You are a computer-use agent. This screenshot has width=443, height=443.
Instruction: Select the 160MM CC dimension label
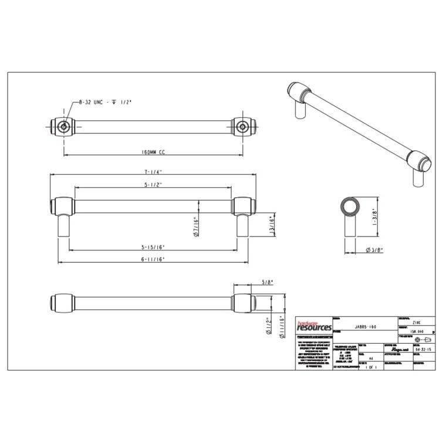point(154,152)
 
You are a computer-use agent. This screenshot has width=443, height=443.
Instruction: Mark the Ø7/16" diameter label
point(195,226)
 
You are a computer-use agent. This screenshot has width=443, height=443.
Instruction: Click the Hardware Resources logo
point(313,326)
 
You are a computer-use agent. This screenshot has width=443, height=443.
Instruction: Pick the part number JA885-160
point(366,326)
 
